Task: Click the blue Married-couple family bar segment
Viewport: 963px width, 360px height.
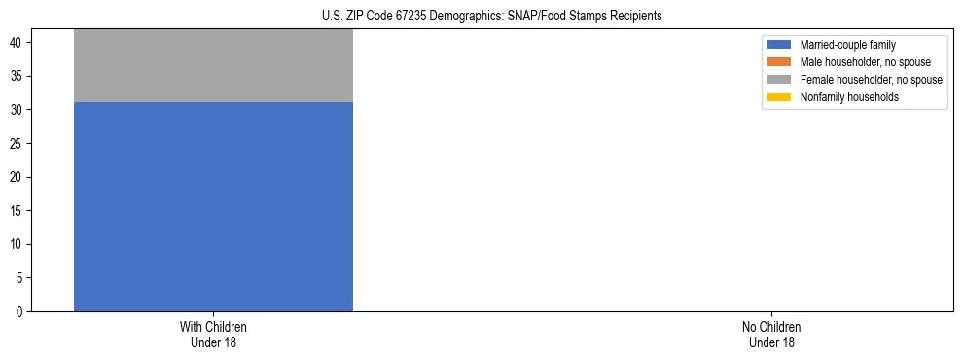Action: click(213, 206)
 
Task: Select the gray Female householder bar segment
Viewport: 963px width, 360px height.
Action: click(213, 66)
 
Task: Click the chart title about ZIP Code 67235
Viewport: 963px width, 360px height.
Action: click(491, 16)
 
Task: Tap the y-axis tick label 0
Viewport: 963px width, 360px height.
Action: click(19, 311)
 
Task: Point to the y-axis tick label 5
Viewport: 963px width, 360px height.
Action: click(19, 278)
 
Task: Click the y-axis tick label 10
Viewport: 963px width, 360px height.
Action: click(17, 244)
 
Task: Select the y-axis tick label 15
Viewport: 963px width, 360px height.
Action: click(17, 211)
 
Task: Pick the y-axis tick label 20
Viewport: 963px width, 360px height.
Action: click(17, 177)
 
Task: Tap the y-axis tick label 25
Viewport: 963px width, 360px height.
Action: click(17, 144)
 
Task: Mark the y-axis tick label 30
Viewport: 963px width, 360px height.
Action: click(17, 110)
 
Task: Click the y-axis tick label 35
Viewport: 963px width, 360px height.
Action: click(17, 77)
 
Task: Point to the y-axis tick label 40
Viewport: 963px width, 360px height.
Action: click(17, 43)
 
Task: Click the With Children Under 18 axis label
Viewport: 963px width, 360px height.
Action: click(213, 334)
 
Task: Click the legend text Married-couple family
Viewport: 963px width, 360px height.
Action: click(848, 45)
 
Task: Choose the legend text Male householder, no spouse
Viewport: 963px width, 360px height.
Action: click(865, 62)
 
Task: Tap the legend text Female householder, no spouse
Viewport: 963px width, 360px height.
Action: click(871, 80)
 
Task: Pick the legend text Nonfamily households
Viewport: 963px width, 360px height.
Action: click(849, 97)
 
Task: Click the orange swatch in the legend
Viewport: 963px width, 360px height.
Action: click(778, 62)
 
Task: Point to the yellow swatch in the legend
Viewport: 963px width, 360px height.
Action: click(778, 97)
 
